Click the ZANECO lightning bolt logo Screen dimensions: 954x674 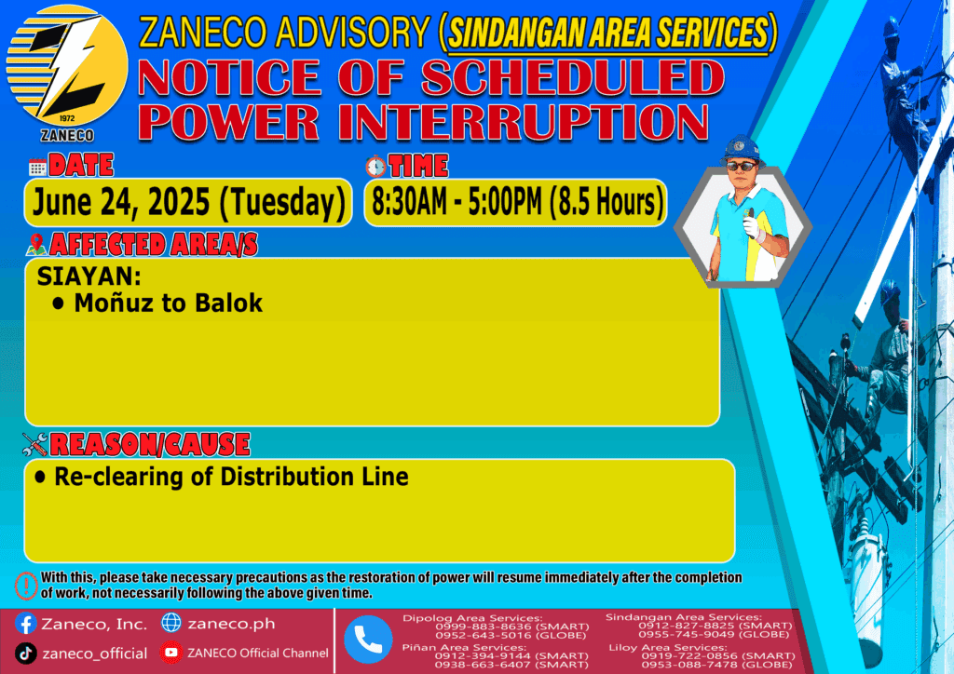(67, 66)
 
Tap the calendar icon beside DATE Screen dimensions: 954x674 (37, 168)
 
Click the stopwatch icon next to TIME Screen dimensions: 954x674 (375, 166)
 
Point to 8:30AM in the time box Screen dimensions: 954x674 (409, 202)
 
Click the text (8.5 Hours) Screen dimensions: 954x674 (606, 202)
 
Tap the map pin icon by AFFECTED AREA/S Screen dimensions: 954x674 (36, 244)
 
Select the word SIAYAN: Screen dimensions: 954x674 (89, 276)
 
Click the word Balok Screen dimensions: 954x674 (228, 303)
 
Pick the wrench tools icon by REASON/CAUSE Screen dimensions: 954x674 (34, 444)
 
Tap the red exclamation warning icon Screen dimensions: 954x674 (26, 586)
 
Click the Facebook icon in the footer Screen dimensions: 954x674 (25, 624)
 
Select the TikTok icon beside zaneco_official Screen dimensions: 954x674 (25, 654)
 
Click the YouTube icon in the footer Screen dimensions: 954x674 (171, 653)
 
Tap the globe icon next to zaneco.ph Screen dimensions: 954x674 (171, 623)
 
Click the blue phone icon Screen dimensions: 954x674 (368, 640)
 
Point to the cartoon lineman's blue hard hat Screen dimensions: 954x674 (742, 150)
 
